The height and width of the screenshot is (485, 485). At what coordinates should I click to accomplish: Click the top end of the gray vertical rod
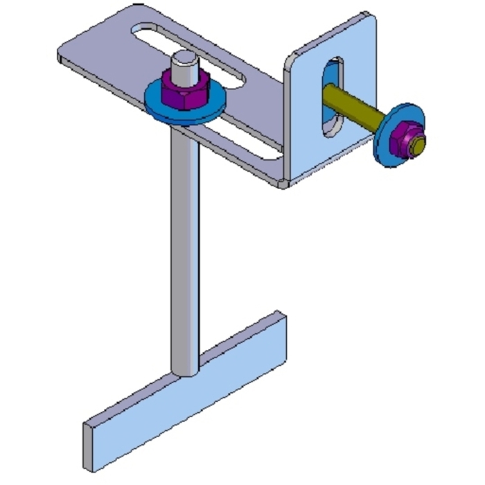[185, 59]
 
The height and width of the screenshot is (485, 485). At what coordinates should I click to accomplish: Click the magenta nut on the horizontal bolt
[405, 136]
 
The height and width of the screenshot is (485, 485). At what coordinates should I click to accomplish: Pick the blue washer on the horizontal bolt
[385, 145]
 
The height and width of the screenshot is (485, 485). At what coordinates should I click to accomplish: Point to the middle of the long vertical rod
[184, 242]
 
